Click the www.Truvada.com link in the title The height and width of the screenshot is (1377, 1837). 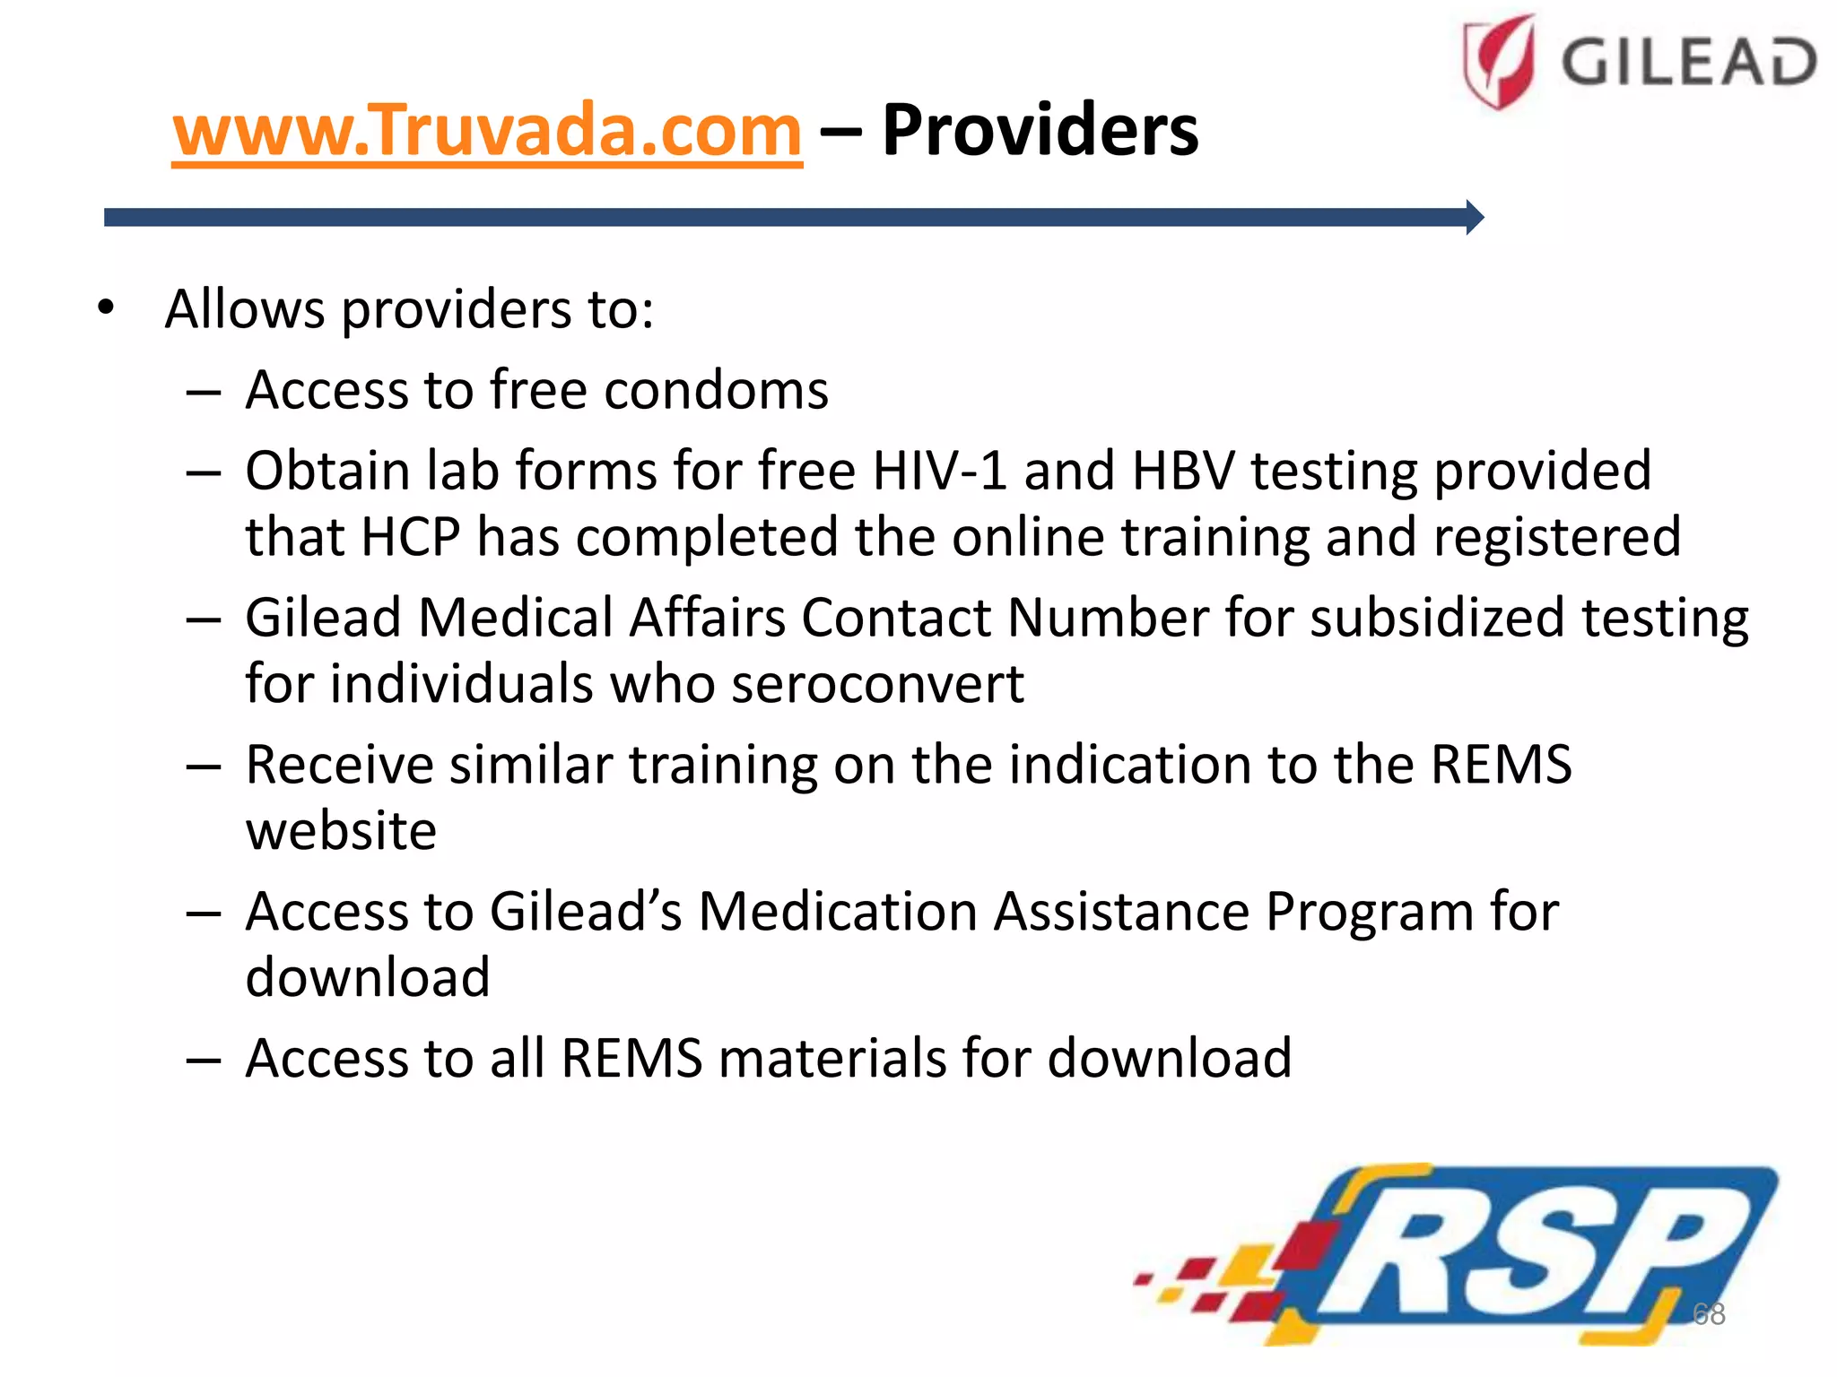point(487,131)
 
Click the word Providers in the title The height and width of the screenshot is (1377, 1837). point(1040,131)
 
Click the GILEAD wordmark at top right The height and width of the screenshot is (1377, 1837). point(1688,63)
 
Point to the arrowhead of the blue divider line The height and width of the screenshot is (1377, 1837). point(1475,217)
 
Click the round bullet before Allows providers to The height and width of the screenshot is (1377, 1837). point(107,307)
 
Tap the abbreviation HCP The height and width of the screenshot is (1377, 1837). point(411,537)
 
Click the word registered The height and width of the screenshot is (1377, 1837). point(1556,537)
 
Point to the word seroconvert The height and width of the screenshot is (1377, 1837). point(877,684)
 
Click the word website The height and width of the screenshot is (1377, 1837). point(341,830)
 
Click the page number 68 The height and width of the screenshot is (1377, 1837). point(1708,1313)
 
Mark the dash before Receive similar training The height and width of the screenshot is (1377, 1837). point(204,766)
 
